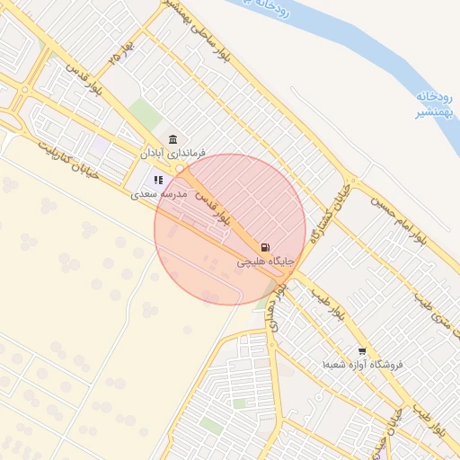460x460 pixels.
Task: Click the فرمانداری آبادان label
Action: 172,154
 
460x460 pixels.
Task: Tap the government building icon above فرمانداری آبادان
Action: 172,139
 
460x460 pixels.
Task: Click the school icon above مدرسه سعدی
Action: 157,180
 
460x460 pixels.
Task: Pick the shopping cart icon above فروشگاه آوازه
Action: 362,351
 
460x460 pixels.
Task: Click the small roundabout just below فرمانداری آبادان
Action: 180,169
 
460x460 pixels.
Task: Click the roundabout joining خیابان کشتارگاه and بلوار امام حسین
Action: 353,181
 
